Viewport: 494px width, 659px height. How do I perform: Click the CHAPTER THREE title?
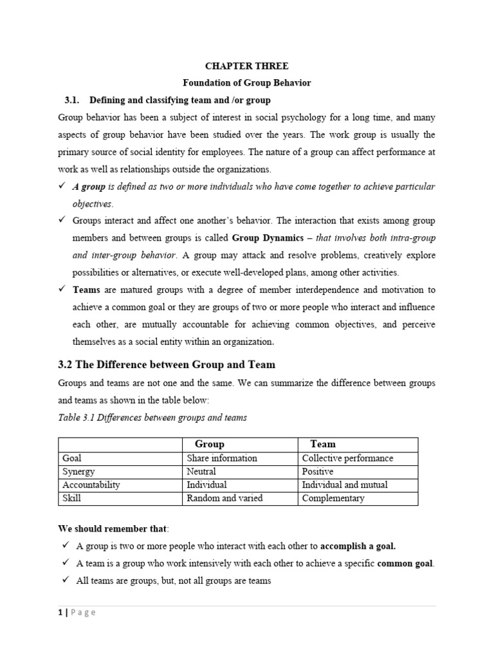(x=246, y=66)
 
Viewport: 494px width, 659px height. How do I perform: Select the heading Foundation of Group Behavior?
(x=247, y=83)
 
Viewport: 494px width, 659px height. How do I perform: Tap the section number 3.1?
(x=71, y=100)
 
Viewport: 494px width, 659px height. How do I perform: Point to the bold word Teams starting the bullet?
(x=86, y=290)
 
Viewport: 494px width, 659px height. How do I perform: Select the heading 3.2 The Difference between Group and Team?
(x=167, y=365)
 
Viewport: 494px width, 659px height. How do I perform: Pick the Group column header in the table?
(x=209, y=444)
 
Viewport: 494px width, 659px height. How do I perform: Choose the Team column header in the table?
(x=323, y=444)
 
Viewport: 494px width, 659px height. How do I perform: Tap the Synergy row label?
(x=78, y=472)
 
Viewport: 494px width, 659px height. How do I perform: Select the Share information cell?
(x=221, y=458)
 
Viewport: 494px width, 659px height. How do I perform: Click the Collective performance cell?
(x=347, y=458)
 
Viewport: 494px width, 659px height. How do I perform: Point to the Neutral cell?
(x=201, y=472)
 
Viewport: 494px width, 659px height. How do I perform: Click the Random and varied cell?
(x=224, y=498)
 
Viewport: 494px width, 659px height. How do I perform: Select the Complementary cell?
(x=333, y=498)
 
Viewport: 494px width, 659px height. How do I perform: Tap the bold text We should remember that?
(x=112, y=529)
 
